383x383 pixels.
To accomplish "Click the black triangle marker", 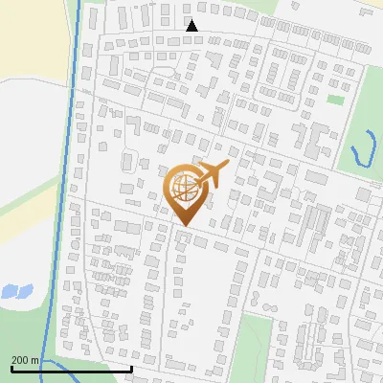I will click(191, 26).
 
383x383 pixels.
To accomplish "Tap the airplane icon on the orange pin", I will click(210, 175).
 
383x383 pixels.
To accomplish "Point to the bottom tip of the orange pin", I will click(184, 226).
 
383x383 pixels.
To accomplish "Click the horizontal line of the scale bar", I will click(71, 368).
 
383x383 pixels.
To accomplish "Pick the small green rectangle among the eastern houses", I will click(334, 99).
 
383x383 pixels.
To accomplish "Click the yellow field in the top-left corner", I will click(29, 38).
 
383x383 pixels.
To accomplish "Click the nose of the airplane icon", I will click(229, 168).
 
